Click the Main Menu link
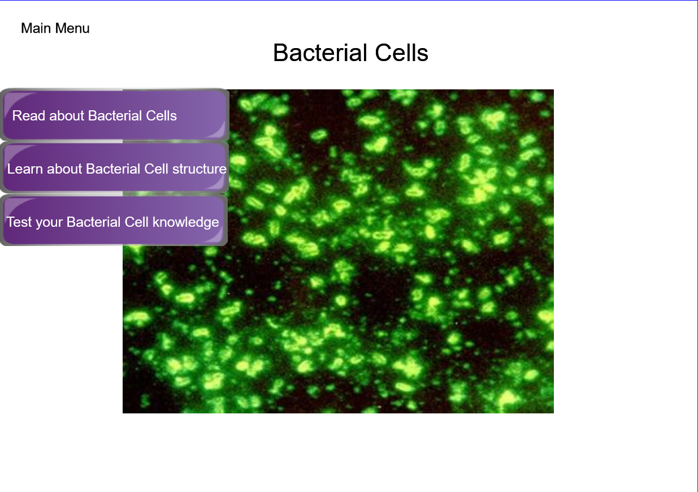click(55, 28)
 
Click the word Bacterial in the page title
click(320, 53)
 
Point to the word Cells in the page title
click(402, 53)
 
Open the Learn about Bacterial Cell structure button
click(115, 167)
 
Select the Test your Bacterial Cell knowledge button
click(114, 221)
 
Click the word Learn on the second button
click(25, 169)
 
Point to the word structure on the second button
click(200, 169)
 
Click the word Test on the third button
click(19, 222)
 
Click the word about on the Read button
click(67, 116)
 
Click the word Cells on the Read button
click(162, 116)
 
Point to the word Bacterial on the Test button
click(93, 222)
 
